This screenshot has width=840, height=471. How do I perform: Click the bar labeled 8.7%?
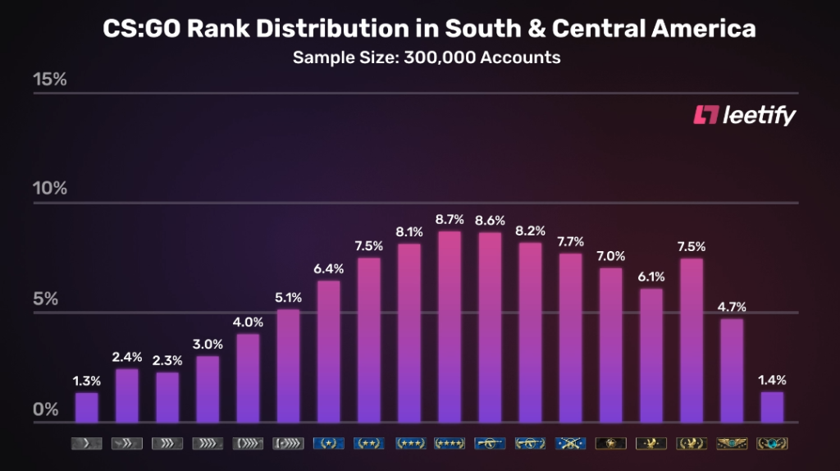450,327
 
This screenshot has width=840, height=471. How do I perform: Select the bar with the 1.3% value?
87,407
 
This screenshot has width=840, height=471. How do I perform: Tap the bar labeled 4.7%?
732,370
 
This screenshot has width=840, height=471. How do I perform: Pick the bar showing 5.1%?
289,365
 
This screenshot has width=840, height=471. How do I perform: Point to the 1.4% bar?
772,407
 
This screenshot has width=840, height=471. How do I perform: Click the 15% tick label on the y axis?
49,80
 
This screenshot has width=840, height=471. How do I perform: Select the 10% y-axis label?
49,189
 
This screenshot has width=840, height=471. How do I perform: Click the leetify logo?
745,116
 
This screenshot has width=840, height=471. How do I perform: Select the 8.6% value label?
490,221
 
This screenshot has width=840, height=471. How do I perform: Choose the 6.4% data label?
329,268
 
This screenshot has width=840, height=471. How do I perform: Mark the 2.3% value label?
167,359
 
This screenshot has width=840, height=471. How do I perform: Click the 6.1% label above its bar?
651,277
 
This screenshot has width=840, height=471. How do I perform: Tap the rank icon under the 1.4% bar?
772,444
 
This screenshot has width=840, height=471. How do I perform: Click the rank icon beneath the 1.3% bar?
87,444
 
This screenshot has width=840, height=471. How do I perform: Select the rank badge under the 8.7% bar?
450,444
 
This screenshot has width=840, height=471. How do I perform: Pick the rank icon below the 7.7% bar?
570,444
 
